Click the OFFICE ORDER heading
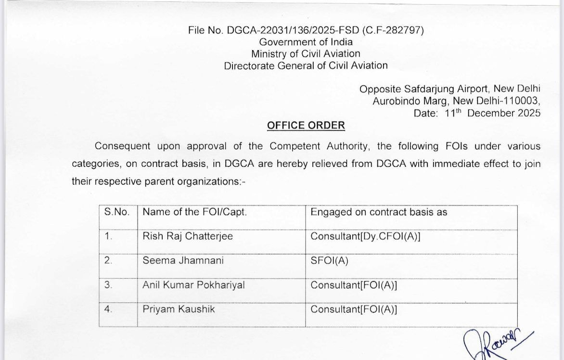306,125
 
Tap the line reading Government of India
306,42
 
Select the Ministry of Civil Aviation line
306,53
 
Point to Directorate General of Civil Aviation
306,65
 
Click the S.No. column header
117,212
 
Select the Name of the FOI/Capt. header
194,212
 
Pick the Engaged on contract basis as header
379,212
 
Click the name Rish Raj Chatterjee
188,236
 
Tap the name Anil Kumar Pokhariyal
193,285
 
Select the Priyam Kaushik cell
179,309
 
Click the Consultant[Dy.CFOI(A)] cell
365,236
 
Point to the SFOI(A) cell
329,260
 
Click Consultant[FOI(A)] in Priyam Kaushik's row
354,309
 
